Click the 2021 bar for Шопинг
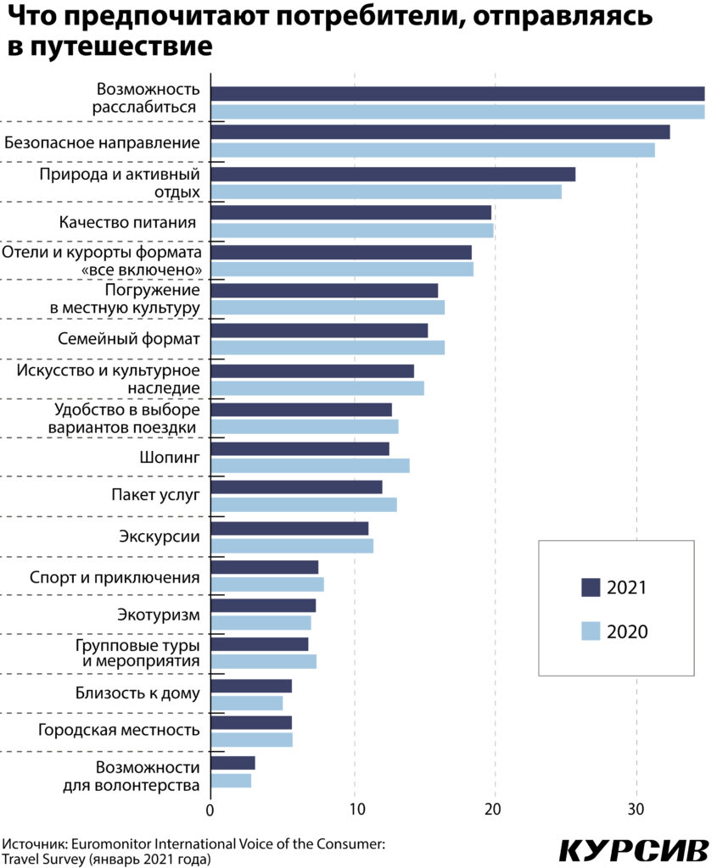(x=300, y=448)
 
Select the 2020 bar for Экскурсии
(x=292, y=546)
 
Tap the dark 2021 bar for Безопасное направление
(x=440, y=132)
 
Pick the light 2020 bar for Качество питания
(x=351, y=231)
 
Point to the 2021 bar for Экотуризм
(x=263, y=605)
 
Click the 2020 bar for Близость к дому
(x=246, y=703)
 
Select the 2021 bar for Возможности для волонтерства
(x=232, y=763)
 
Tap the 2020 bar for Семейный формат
(x=328, y=348)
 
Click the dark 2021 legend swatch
(x=591, y=587)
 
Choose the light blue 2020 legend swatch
(x=591, y=632)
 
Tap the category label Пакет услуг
(x=156, y=496)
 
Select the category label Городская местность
(x=119, y=730)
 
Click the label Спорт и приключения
(x=115, y=578)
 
